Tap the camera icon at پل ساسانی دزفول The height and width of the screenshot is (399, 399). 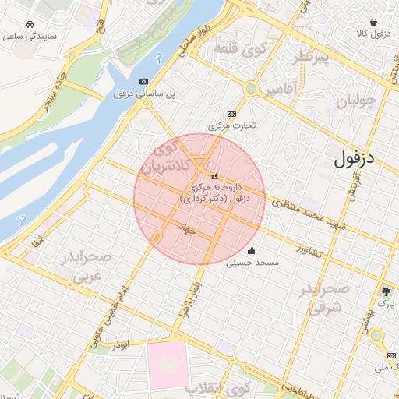coord(143,82)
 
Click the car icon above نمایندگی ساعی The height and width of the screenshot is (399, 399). coord(30,24)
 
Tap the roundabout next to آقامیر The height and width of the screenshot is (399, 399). coord(250,89)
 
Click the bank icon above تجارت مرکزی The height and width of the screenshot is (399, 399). coord(231,112)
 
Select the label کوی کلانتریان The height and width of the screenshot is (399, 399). coord(169,156)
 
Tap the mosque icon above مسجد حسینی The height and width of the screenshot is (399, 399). coord(252,251)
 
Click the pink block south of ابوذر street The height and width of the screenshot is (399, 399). coord(168,364)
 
